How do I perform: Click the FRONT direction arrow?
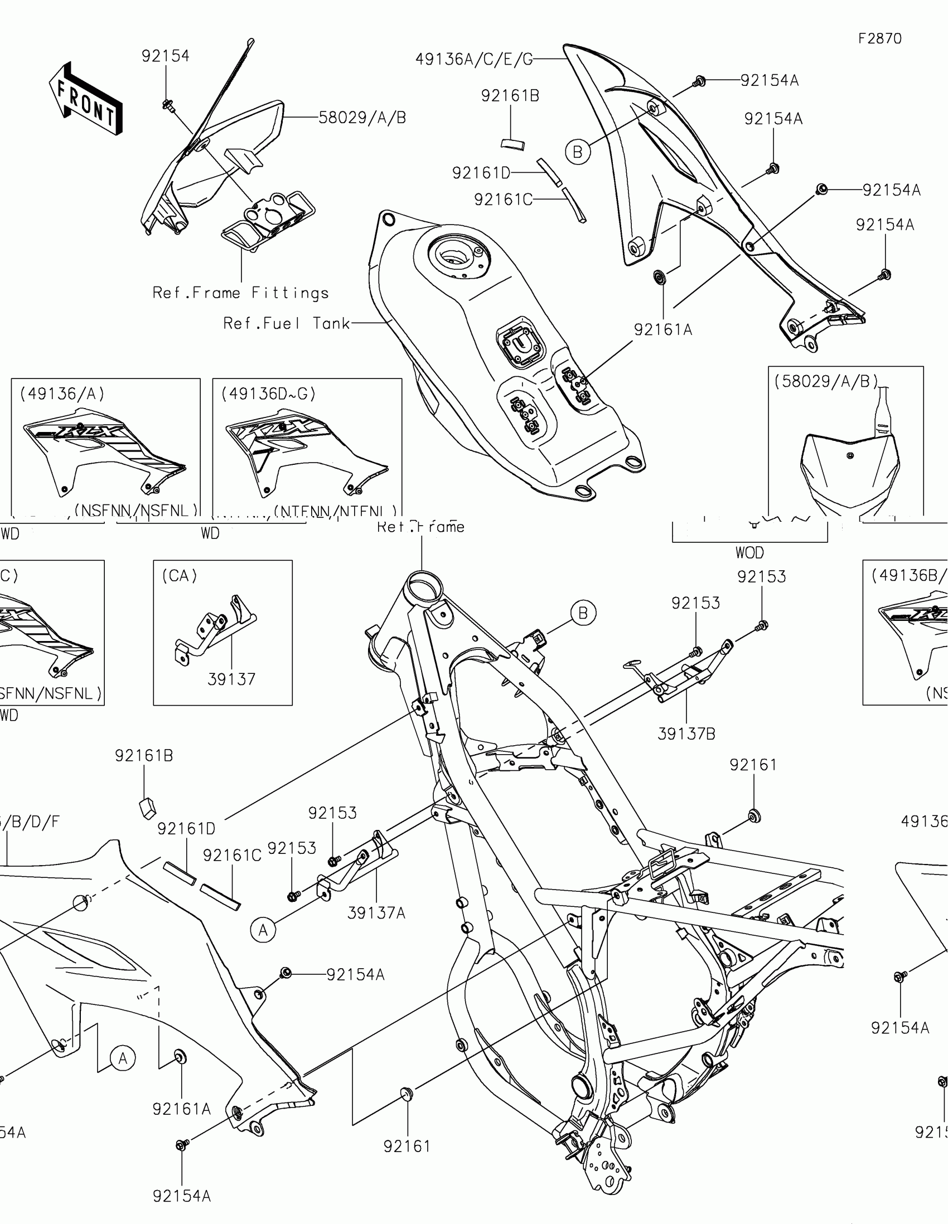pos(86,99)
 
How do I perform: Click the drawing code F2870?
pos(879,38)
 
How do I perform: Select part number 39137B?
pos(686,734)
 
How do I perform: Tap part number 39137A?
pos(376,913)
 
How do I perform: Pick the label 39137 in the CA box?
pos(231,679)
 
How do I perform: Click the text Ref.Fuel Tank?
pos(287,323)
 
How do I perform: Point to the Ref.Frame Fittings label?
pos(240,293)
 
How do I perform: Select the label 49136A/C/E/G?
pos(473,60)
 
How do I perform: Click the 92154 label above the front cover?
pos(166,56)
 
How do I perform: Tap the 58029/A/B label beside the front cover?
pos(362,118)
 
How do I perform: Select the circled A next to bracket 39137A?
pos(263,930)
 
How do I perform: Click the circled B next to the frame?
pos(583,613)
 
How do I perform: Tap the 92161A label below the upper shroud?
pos(663,330)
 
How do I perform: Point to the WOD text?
pos(749,553)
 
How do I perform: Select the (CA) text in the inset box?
pos(180,576)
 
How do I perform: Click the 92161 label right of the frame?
pos(753,765)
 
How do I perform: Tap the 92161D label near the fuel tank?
pos(481,173)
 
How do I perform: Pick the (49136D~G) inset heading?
pos(269,394)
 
